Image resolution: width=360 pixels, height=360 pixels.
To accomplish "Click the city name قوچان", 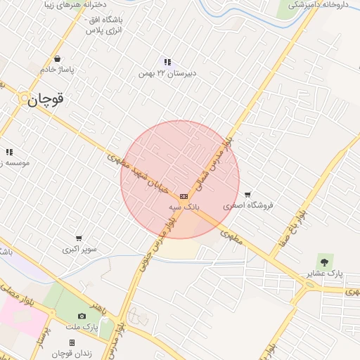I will click(47, 100).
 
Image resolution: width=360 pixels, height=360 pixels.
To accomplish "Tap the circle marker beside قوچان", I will click(24, 100).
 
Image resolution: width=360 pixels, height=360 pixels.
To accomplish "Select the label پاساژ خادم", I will click(57, 70).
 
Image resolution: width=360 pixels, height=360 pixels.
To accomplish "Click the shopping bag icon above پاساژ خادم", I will click(57, 59).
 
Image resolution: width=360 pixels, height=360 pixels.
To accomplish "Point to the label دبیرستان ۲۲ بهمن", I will click(165, 73).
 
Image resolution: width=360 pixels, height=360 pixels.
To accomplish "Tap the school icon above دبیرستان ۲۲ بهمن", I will click(167, 62).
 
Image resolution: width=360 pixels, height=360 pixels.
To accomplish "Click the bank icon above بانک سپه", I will click(184, 196).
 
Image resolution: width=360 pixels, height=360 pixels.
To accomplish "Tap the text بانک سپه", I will click(184, 208).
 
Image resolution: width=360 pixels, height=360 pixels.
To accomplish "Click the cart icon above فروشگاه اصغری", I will click(247, 195).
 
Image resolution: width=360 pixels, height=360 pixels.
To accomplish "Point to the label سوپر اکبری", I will click(79, 249).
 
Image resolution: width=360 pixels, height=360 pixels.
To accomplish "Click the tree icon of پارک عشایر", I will click(324, 262).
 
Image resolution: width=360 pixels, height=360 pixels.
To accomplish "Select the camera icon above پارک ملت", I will click(82, 316).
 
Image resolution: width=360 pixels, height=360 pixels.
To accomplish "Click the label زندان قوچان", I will click(73, 352).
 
